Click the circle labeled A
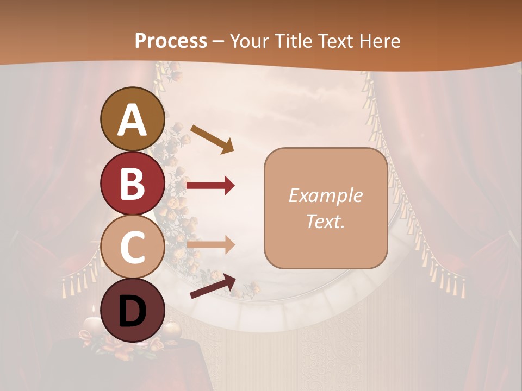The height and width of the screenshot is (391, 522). click(x=133, y=119)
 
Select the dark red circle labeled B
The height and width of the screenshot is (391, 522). click(x=133, y=184)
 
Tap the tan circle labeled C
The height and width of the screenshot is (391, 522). click(x=133, y=247)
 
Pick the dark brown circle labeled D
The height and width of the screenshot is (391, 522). click(x=133, y=310)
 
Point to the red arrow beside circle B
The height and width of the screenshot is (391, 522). click(x=210, y=186)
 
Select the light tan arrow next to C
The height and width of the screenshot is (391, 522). click(x=210, y=245)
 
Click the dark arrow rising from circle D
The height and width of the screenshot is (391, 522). click(x=213, y=287)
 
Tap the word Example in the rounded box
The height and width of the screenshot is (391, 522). click(x=325, y=195)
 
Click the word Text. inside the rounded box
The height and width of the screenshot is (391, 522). click(x=325, y=222)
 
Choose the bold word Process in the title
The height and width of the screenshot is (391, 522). click(x=171, y=41)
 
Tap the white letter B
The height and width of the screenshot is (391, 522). click(x=133, y=184)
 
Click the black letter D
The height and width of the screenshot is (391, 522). click(x=133, y=311)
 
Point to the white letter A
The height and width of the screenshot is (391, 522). click(x=133, y=119)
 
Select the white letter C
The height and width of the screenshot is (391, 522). click(x=133, y=247)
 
